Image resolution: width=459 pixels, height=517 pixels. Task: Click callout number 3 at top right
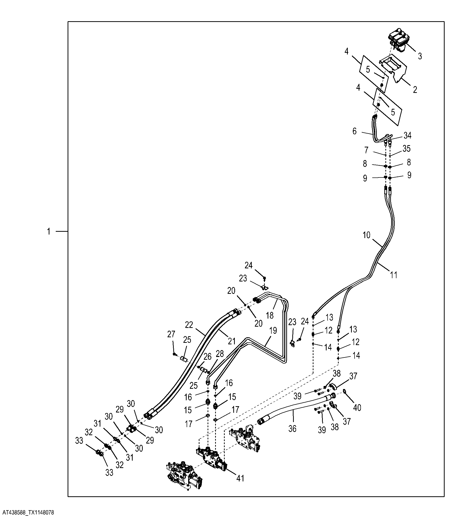coord(420,56)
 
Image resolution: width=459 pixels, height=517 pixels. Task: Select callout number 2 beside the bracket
coord(415,90)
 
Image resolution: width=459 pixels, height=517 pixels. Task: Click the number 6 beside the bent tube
coord(355,131)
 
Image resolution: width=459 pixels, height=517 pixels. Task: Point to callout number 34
coord(407,136)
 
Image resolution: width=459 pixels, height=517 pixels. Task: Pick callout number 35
coord(407,149)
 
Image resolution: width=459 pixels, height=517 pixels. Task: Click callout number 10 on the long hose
coord(366,235)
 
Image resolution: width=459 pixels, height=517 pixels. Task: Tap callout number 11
coord(394,275)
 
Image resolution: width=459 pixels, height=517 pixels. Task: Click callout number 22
coord(189,325)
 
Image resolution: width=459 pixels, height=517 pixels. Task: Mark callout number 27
coord(171,334)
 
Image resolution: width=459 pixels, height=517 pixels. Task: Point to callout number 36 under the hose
coord(292,428)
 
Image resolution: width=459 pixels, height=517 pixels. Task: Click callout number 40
coord(357,407)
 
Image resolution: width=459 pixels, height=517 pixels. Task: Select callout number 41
coord(240,478)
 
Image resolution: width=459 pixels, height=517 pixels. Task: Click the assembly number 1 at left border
coord(49,231)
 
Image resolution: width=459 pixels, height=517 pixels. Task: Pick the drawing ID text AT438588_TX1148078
coord(27,512)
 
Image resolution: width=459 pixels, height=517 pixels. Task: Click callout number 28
coord(220,354)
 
